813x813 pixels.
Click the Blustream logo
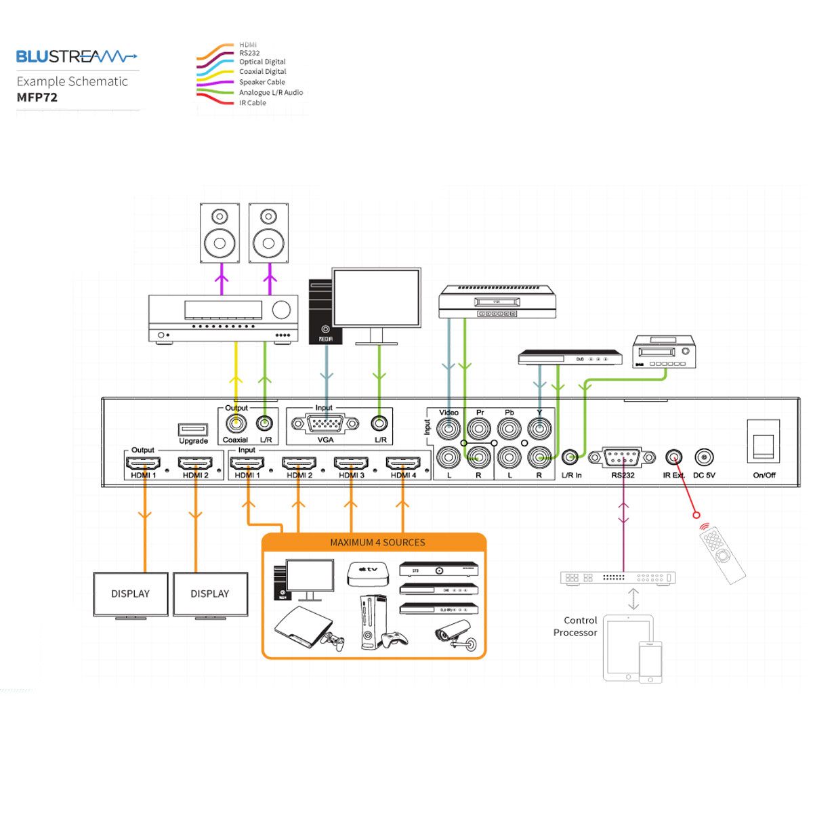(76, 56)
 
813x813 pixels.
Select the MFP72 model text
(37, 97)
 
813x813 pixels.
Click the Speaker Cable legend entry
(262, 82)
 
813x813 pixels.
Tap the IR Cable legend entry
(252, 103)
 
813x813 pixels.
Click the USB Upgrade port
(193, 429)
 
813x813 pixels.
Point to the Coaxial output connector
(236, 424)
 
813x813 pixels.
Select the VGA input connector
(325, 424)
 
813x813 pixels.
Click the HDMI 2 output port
(195, 463)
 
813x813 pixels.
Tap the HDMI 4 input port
(403, 463)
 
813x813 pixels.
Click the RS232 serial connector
(623, 458)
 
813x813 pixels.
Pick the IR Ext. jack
(674, 457)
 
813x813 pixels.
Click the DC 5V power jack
(705, 457)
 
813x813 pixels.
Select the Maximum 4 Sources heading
(377, 543)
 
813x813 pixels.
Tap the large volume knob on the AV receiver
(281, 310)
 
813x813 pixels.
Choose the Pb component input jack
(509, 428)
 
